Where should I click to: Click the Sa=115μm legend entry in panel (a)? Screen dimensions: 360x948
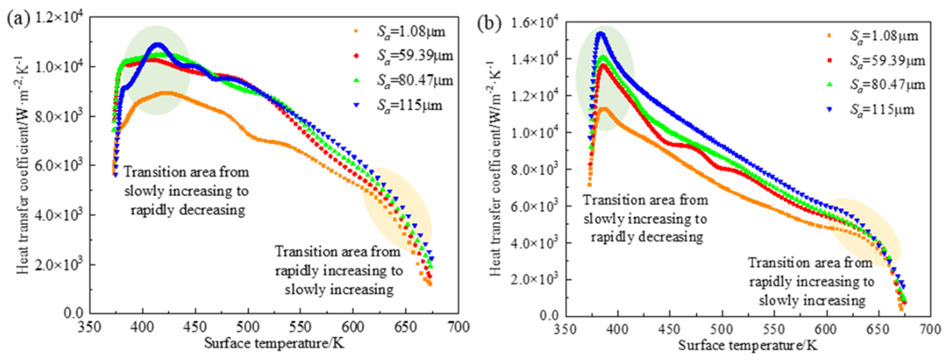click(409, 106)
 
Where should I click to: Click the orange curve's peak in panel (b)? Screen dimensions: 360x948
click(604, 108)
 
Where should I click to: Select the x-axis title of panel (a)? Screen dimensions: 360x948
click(274, 343)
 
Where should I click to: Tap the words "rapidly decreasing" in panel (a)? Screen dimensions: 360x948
click(188, 210)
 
